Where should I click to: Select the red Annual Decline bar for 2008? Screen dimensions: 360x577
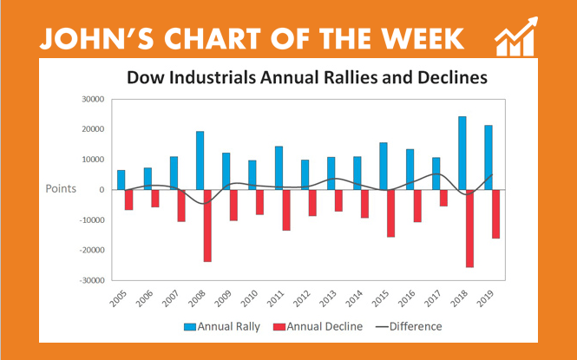point(208,226)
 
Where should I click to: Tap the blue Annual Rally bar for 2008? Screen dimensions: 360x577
point(200,160)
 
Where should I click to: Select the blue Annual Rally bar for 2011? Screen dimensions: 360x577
point(279,168)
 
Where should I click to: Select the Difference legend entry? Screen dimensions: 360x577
point(409,327)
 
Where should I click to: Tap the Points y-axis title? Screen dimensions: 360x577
point(62,188)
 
